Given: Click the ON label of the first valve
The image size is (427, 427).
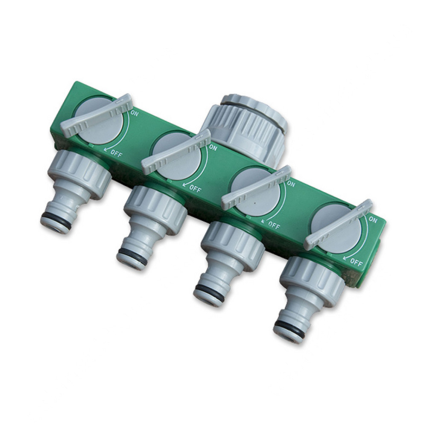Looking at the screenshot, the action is point(135,113).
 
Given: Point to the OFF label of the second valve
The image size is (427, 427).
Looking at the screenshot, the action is point(195,188).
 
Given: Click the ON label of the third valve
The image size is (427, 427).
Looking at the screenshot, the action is point(291,184).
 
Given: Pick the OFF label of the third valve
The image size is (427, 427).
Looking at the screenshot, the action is point(274,225).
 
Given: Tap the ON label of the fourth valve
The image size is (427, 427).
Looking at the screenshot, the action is point(373,219).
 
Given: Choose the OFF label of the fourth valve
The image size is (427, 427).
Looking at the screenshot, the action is point(357,263).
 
